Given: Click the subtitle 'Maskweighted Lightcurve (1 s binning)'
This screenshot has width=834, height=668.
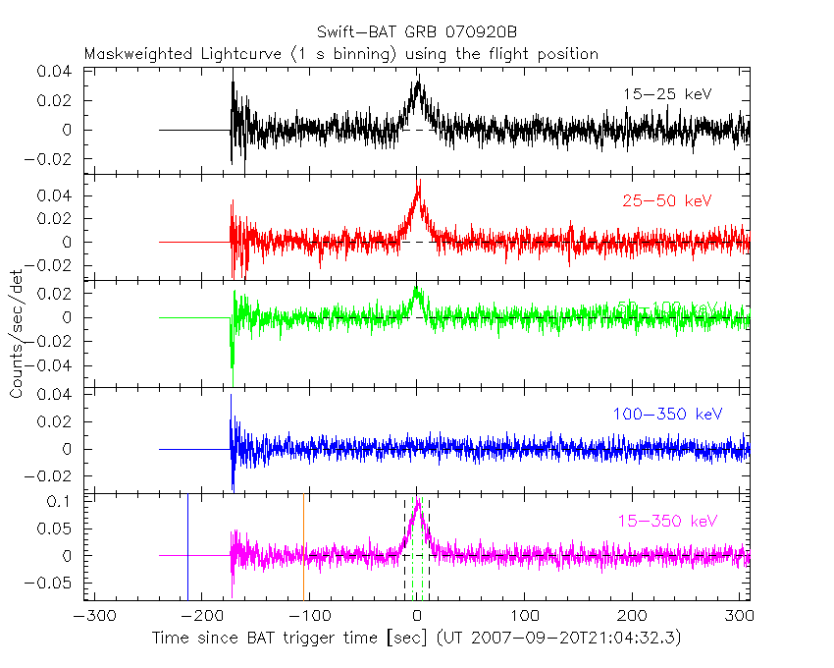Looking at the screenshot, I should (239, 54).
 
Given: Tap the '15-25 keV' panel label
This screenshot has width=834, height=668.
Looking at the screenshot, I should (666, 94).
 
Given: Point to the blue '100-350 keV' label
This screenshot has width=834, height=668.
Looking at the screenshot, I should (667, 415).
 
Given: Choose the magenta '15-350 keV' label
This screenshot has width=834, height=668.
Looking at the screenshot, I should (667, 520).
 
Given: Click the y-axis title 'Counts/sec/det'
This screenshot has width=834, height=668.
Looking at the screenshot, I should (17, 339).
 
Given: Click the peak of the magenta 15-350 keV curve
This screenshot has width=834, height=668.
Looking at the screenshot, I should (418, 501).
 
